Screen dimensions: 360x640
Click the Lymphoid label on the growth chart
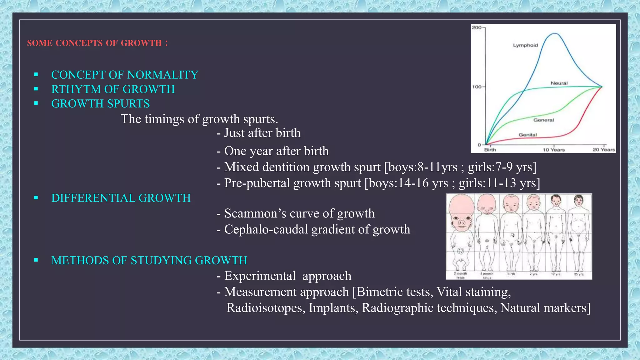pyautogui.click(x=525, y=45)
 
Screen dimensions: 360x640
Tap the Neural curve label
pyautogui.click(x=559, y=83)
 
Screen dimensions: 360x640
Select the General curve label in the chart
pyautogui.click(x=543, y=120)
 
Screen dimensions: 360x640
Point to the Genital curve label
pyautogui.click(x=527, y=135)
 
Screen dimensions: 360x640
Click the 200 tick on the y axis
pyautogui.click(x=476, y=27)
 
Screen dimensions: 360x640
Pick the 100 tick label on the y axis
pyautogui.click(x=477, y=87)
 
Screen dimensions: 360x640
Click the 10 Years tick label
pyautogui.click(x=553, y=150)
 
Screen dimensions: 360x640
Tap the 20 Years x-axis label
pyautogui.click(x=604, y=150)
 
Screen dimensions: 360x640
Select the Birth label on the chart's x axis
pyautogui.click(x=490, y=150)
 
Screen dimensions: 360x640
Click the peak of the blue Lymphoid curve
pyautogui.click(x=554, y=33)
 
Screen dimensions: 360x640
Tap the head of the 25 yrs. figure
pyautogui.click(x=579, y=201)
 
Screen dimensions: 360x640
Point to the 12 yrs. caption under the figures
pyautogui.click(x=556, y=274)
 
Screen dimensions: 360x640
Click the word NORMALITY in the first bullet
pyautogui.click(x=162, y=75)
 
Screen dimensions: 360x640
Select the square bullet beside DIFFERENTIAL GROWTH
pyautogui.click(x=36, y=198)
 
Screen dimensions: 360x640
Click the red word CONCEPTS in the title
pyautogui.click(x=79, y=43)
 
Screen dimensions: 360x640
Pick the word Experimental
pyautogui.click(x=260, y=276)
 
